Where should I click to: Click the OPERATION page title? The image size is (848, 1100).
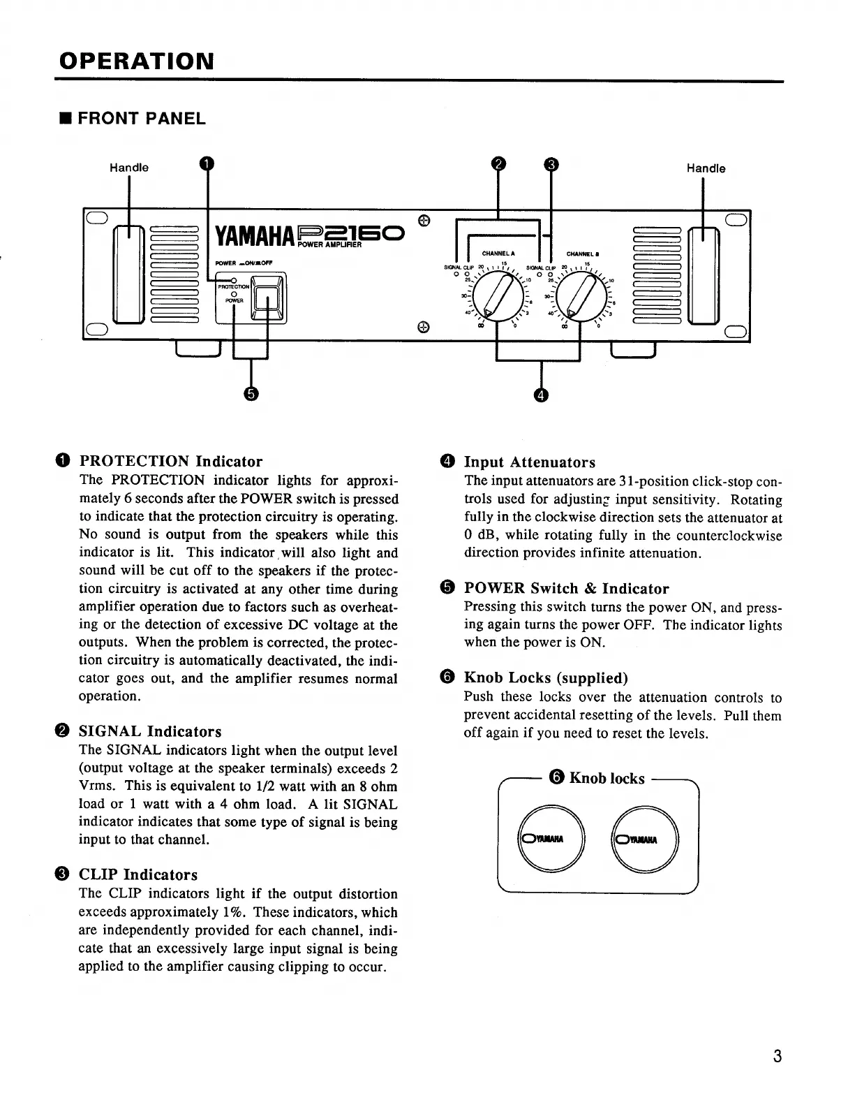[136, 61]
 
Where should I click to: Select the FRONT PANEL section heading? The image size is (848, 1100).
[141, 119]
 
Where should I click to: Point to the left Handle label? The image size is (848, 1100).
[129, 168]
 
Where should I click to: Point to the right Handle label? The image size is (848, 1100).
[706, 168]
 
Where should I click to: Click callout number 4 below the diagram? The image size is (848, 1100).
[541, 395]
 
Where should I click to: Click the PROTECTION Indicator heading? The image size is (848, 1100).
[171, 462]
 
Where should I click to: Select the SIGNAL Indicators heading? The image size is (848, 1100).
[150, 732]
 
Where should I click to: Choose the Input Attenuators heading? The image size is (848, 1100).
[529, 462]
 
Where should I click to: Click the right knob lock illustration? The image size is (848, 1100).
[644, 838]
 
